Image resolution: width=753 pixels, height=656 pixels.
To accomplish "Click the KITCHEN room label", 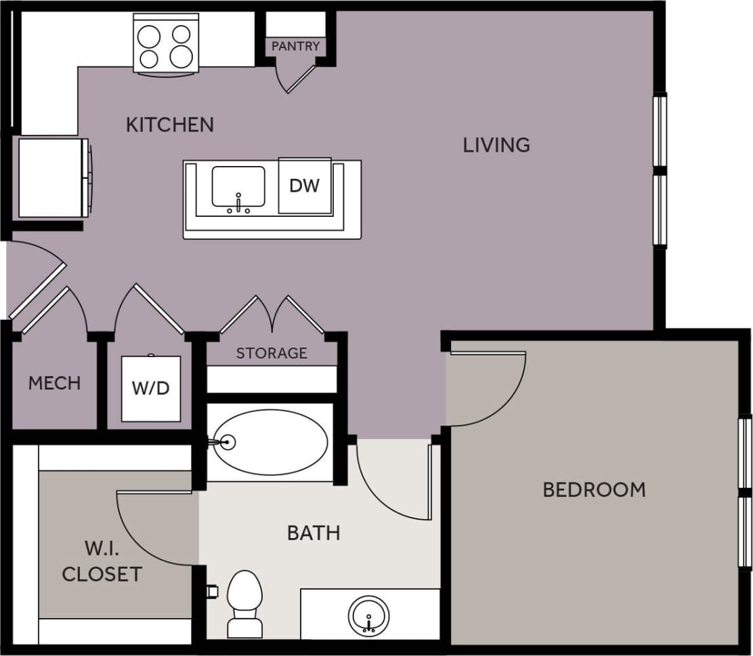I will pyautogui.click(x=170, y=125).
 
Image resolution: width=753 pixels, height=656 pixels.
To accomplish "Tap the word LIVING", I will pyautogui.click(x=496, y=145).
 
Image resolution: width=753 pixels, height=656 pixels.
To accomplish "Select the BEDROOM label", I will pyautogui.click(x=594, y=489).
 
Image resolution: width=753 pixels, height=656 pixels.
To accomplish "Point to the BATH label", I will pyautogui.click(x=314, y=533).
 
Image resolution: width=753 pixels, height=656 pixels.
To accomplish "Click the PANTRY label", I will pyautogui.click(x=295, y=47).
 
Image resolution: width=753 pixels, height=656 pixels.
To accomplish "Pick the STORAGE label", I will pyautogui.click(x=272, y=353).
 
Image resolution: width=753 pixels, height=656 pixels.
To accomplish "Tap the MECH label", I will pyautogui.click(x=54, y=383).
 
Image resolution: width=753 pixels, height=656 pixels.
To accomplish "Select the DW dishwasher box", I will pyautogui.click(x=305, y=186).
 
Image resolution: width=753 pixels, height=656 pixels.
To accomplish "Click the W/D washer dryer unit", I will pyautogui.click(x=151, y=388).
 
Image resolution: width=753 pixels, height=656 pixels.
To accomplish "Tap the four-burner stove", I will pyautogui.click(x=166, y=45).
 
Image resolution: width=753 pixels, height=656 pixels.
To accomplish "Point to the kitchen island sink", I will pyautogui.click(x=238, y=188).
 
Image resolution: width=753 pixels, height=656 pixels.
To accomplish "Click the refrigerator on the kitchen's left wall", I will pyautogui.click(x=53, y=178).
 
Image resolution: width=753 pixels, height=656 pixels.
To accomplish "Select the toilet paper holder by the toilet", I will pyautogui.click(x=213, y=591).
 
